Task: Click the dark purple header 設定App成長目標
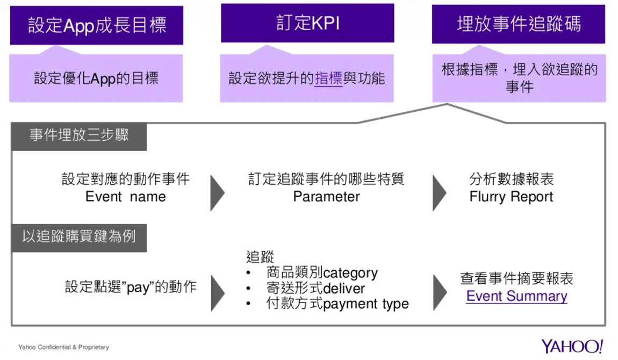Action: tap(97, 25)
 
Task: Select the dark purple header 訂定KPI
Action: tap(307, 24)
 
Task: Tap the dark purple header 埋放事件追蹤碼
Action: tap(519, 24)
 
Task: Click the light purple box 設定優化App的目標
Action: tap(96, 78)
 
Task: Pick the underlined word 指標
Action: tap(328, 78)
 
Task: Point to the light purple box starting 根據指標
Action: tap(519, 78)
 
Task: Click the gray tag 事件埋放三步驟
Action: tap(79, 135)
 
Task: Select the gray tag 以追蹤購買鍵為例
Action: tap(79, 237)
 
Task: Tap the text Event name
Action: tap(126, 197)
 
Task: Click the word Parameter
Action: tap(326, 197)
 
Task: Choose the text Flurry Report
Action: tap(511, 197)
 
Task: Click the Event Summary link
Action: tap(516, 296)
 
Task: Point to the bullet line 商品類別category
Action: tap(322, 273)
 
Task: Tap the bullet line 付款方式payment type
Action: tap(337, 304)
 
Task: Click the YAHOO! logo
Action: tap(572, 346)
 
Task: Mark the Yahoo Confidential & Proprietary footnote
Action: tap(63, 347)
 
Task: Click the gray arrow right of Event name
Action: tap(217, 192)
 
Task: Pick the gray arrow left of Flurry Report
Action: tap(440, 192)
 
